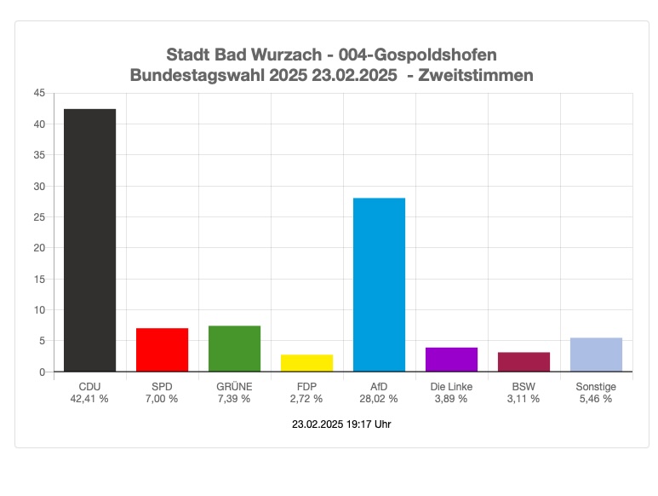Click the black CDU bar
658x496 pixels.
89,240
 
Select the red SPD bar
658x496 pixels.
162,349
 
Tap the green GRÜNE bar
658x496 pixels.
234,349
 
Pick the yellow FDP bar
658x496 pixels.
306,363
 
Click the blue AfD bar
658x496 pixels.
379,285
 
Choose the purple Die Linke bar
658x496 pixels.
451,360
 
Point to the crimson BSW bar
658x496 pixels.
524,361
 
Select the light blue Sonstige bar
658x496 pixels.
596,355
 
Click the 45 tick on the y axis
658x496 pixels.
39,93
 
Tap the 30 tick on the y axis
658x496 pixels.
39,186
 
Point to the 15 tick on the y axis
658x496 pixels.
39,279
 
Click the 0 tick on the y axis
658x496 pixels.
42,372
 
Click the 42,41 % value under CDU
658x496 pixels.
89,399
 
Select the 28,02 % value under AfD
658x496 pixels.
379,399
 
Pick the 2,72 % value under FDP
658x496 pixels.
306,399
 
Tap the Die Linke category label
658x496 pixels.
451,387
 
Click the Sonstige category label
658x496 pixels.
596,387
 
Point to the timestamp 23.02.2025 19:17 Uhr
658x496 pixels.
341,424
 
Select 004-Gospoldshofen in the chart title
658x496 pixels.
417,55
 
